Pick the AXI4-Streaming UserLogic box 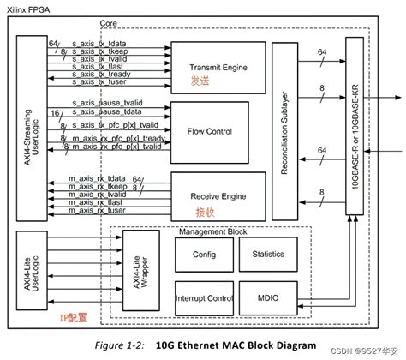pos(27,117)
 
